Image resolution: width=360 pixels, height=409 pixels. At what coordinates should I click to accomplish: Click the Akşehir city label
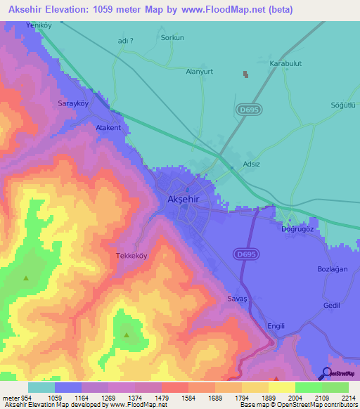[185, 200]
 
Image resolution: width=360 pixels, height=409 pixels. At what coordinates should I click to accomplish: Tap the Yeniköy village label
[39, 25]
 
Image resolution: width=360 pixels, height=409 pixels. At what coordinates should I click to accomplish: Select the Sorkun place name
[172, 38]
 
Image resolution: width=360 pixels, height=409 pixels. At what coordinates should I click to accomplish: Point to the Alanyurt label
[199, 71]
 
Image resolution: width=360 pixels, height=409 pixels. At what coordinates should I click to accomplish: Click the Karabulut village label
[285, 63]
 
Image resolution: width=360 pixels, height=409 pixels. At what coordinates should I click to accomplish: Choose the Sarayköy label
[72, 103]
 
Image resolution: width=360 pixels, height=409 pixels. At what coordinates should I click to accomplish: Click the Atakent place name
[108, 129]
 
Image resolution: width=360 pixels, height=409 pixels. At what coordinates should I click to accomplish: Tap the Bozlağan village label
[332, 270]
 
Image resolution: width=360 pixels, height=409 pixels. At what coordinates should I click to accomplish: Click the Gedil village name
[331, 305]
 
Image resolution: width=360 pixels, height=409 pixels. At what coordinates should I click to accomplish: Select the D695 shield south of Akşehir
[246, 252]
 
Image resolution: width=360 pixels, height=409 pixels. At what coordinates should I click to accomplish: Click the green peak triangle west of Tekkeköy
[26, 278]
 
